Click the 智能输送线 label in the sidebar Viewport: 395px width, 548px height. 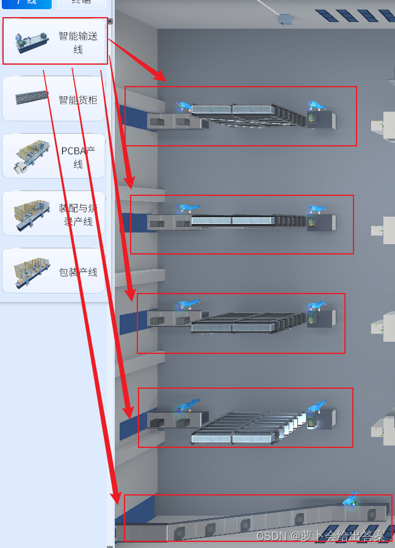tap(78, 43)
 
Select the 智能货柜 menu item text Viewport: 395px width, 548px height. tap(78, 99)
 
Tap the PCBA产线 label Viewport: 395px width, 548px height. tap(78, 157)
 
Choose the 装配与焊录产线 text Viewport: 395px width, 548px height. tap(78, 214)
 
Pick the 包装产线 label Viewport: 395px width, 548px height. tap(78, 272)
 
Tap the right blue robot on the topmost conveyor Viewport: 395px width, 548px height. tap(316, 106)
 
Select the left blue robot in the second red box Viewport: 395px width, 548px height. tap(186, 208)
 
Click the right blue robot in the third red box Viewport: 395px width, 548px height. tap(316, 305)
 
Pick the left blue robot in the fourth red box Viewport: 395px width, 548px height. tap(187, 405)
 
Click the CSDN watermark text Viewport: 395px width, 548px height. tap(321, 536)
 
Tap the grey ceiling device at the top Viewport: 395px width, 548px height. tap(285, 19)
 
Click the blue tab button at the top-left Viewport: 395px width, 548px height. tap(26, 3)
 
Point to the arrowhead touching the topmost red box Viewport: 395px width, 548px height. tap(161, 76)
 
